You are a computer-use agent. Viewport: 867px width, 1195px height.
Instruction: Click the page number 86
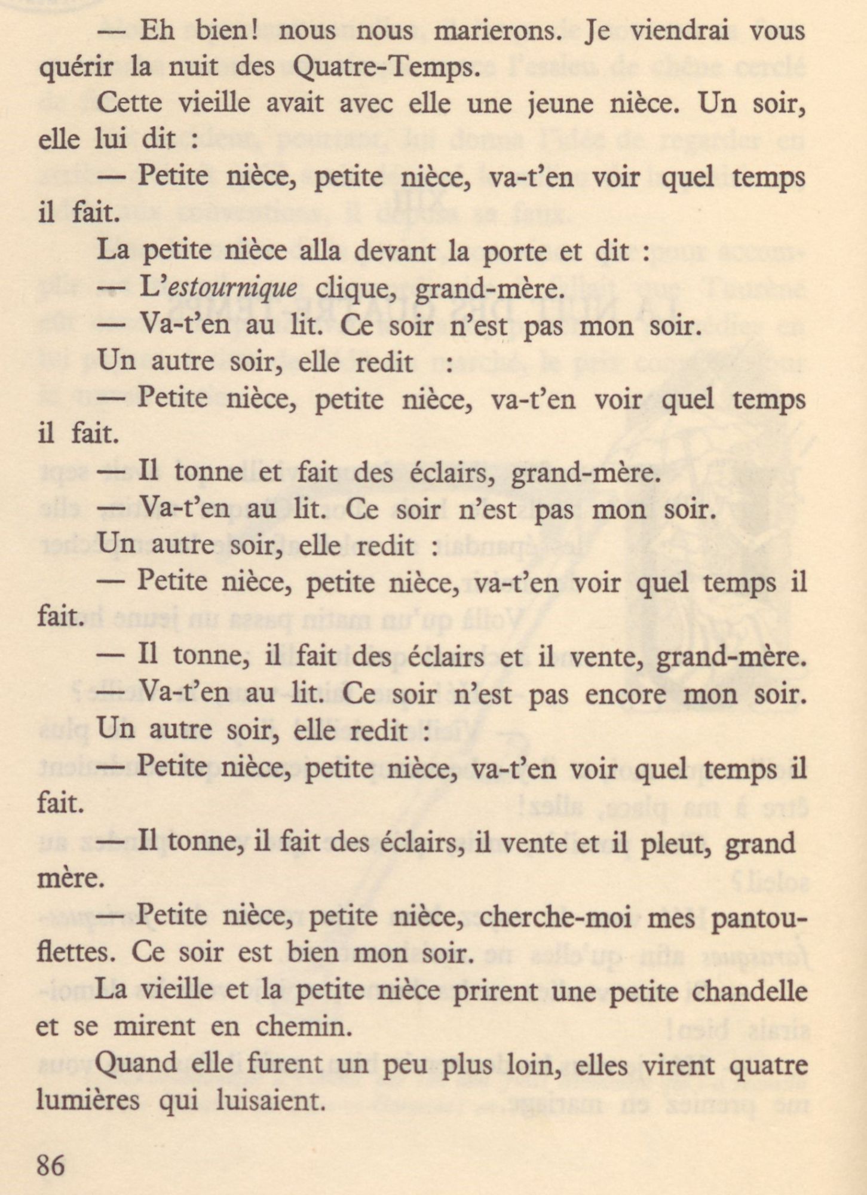[51, 1166]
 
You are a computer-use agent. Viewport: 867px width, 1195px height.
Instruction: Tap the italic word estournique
[233, 289]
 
